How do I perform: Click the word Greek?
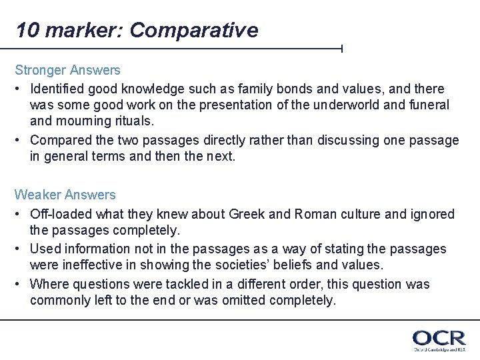pos(247,214)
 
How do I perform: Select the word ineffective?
pos(93,265)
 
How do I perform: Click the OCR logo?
pos(438,339)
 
